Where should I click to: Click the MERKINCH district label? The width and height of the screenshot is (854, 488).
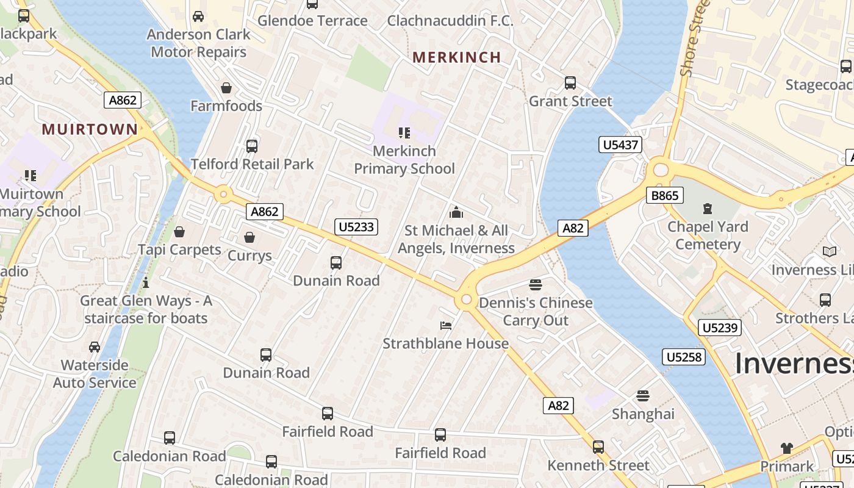tap(456, 57)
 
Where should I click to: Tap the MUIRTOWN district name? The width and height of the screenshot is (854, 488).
tap(90, 129)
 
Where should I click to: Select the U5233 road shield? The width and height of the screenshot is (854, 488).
tap(356, 227)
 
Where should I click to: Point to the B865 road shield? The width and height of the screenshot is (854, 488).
tap(665, 195)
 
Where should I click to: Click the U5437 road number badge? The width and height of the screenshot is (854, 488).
tap(620, 145)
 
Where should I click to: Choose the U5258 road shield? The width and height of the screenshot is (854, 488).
tap(684, 357)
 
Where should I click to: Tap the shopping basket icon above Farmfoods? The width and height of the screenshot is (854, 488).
tap(226, 88)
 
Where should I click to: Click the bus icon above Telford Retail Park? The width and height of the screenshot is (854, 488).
tap(251, 146)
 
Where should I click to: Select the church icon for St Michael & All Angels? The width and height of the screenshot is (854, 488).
tap(456, 213)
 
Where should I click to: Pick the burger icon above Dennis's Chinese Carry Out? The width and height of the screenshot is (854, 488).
tap(536, 285)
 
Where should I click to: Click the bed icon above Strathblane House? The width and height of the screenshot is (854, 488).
tap(446, 326)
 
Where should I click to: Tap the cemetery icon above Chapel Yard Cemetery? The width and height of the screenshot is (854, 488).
tap(707, 209)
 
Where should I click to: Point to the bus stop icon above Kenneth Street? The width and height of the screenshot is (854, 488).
tap(598, 447)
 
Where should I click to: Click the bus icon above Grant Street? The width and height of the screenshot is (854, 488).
tap(570, 83)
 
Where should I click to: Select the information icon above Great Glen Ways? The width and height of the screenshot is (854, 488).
tap(145, 282)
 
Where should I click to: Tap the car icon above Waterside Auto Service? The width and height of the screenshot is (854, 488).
tap(95, 347)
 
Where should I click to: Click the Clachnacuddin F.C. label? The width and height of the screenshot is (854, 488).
tap(450, 21)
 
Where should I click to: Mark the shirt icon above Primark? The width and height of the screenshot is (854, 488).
tap(786, 448)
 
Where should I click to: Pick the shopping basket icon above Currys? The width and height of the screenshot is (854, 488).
tap(249, 237)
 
